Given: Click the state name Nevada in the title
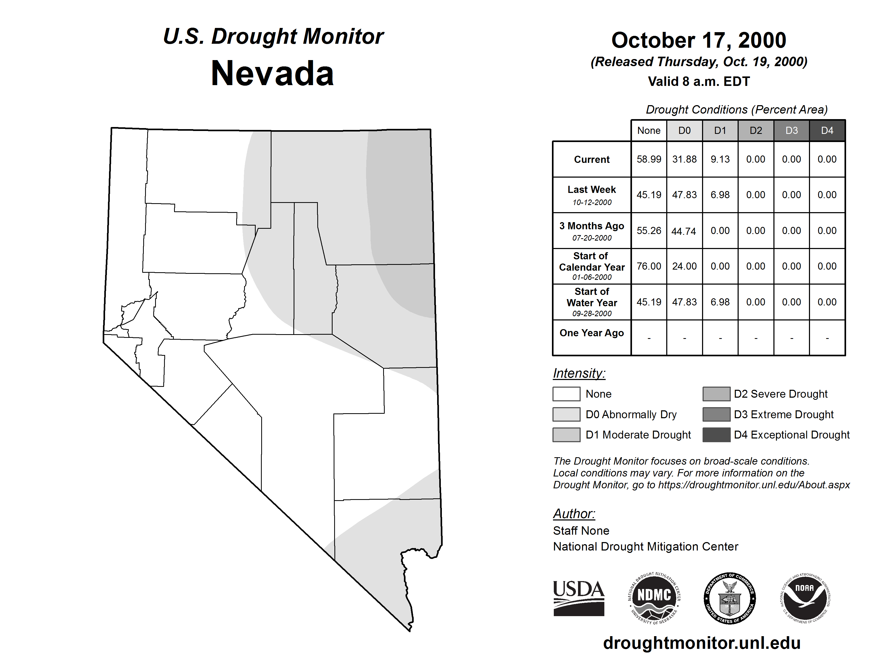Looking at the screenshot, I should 272,74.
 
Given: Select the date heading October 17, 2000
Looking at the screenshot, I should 699,40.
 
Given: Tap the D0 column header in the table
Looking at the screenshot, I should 684,130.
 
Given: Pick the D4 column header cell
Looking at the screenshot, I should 827,130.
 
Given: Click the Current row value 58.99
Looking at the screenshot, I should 649,159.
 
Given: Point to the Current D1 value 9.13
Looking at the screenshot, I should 720,159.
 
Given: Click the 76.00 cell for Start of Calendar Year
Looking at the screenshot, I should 649,266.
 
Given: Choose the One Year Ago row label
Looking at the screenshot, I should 592,333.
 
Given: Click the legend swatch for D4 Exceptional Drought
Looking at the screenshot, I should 716,435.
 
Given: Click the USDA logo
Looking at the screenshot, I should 579,598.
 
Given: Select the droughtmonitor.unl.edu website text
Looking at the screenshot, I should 702,643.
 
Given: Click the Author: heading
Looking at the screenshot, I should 574,514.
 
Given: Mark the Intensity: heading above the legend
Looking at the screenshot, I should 579,373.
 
